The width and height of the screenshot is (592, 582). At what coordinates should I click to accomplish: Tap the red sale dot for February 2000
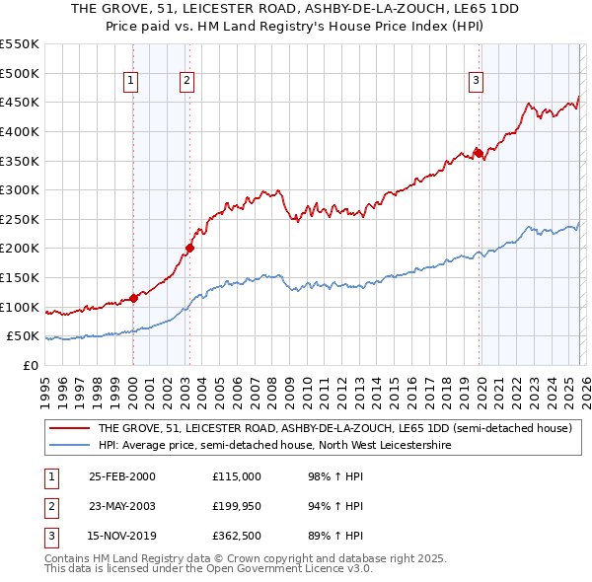click(x=133, y=298)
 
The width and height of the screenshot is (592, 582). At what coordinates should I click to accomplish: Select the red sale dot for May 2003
click(x=189, y=248)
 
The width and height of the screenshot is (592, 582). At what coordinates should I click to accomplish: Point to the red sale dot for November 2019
click(x=478, y=153)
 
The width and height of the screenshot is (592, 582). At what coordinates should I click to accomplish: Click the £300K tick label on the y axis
click(x=20, y=189)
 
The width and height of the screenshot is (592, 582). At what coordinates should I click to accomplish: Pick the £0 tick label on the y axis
click(x=32, y=365)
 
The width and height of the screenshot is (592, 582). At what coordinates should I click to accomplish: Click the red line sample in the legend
click(x=69, y=429)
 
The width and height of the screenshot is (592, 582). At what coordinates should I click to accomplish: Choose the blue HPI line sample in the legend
click(x=69, y=446)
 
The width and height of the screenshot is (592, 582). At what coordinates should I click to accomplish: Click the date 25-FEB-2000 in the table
click(x=122, y=476)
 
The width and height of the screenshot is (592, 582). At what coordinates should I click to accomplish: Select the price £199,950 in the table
click(x=238, y=506)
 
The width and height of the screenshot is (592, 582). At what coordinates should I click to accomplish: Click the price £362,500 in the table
click(x=238, y=536)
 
